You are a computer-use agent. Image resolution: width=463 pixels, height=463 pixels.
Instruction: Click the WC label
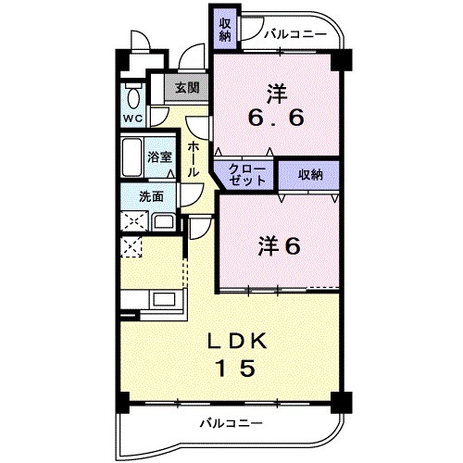coord(131,119)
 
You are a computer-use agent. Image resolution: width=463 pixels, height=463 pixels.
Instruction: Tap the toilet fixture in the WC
coord(132,96)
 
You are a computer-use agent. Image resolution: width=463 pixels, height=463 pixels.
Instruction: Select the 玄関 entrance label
coord(187,88)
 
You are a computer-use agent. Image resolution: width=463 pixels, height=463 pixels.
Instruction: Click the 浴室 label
coord(159,157)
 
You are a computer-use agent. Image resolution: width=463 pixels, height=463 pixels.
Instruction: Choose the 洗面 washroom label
coord(151,196)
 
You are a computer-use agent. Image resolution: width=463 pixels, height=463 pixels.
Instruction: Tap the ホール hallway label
coord(193,159)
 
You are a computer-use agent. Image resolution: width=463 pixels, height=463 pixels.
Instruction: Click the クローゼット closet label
coord(246,174)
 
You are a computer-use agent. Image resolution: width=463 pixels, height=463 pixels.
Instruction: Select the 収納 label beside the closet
coord(310,174)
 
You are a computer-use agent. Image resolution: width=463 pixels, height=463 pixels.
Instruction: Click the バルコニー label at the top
coord(294,35)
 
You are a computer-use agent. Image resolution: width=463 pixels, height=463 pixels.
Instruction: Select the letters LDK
coord(237,341)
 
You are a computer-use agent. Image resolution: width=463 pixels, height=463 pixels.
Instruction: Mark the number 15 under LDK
coord(237,369)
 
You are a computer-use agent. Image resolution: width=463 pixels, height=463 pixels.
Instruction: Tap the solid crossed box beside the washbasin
coord(131,222)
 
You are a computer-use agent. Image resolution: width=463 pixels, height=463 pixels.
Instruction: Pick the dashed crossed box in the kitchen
coord(131,247)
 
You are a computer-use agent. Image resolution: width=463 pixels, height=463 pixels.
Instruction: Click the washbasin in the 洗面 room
coord(163,222)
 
